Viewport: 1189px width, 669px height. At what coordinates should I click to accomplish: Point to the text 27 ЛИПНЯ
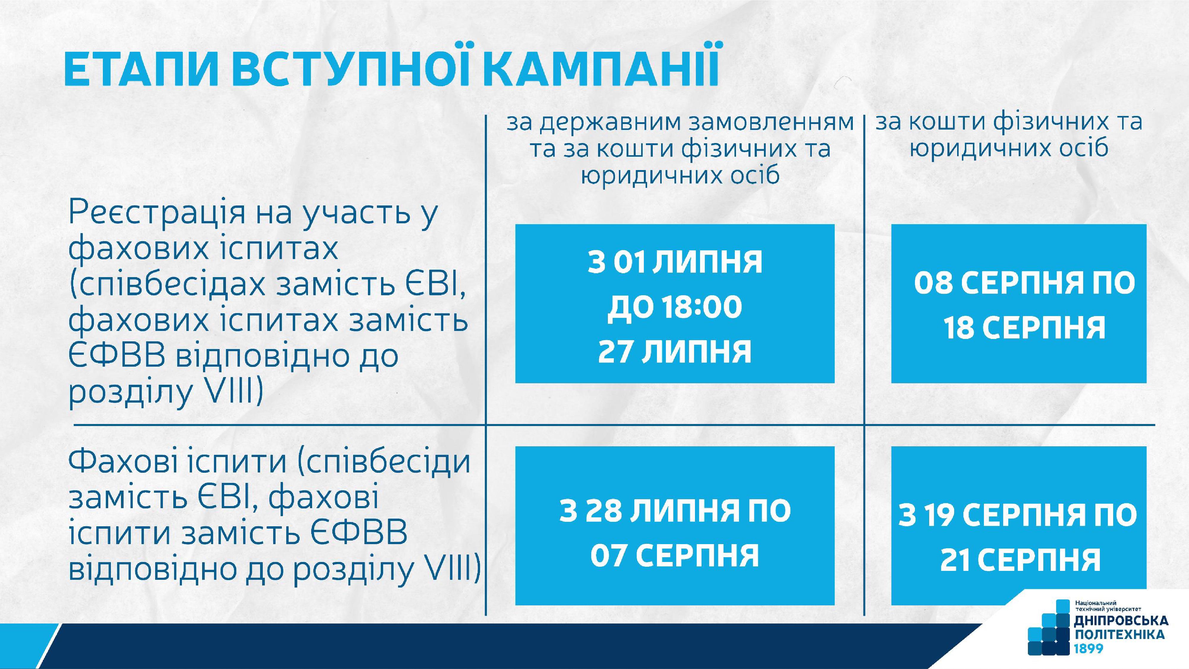click(x=675, y=352)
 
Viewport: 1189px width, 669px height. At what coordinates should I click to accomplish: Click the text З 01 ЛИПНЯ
click(x=675, y=262)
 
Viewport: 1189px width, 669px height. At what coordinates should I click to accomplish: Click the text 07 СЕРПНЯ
click(x=675, y=555)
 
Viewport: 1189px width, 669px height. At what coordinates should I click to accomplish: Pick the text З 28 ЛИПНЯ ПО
click(x=675, y=510)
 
